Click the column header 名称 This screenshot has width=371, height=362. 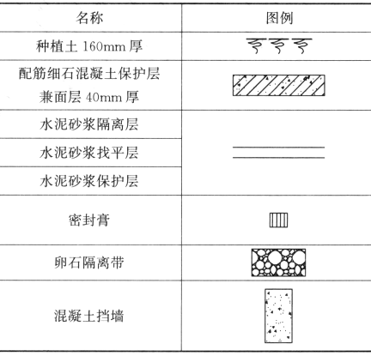click(x=89, y=18)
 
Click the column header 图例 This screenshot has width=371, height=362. click(x=279, y=18)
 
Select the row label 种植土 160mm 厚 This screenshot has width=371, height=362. click(x=89, y=46)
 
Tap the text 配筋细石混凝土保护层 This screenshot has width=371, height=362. click(x=89, y=74)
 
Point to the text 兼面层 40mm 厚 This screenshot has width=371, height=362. click(x=89, y=97)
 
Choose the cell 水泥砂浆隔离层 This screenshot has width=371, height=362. click(x=89, y=124)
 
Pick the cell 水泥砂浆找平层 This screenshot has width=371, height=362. click(x=89, y=153)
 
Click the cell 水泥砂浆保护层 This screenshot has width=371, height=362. click(x=89, y=181)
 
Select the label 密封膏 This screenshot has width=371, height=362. click(x=89, y=220)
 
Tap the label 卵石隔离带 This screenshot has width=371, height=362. click(x=89, y=262)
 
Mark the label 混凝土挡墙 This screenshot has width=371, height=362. click(x=89, y=316)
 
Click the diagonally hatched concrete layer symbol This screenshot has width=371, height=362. click(x=278, y=85)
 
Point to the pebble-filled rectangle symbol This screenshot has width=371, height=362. click(x=278, y=262)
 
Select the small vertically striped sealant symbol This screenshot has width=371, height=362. click(x=278, y=220)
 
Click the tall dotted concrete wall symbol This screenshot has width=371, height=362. click(x=278, y=316)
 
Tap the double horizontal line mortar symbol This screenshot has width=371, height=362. click(x=278, y=153)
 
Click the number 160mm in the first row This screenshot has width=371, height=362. click(x=104, y=46)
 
